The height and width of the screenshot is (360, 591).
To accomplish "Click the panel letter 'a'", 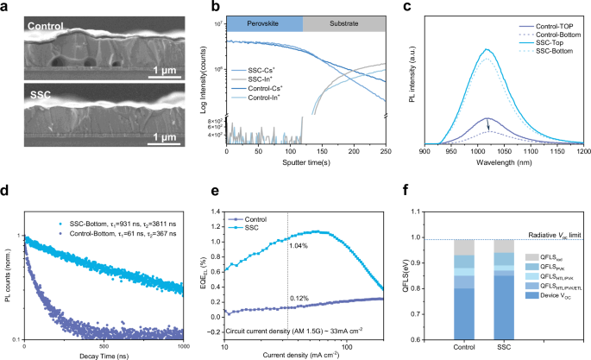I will click(6, 7).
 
